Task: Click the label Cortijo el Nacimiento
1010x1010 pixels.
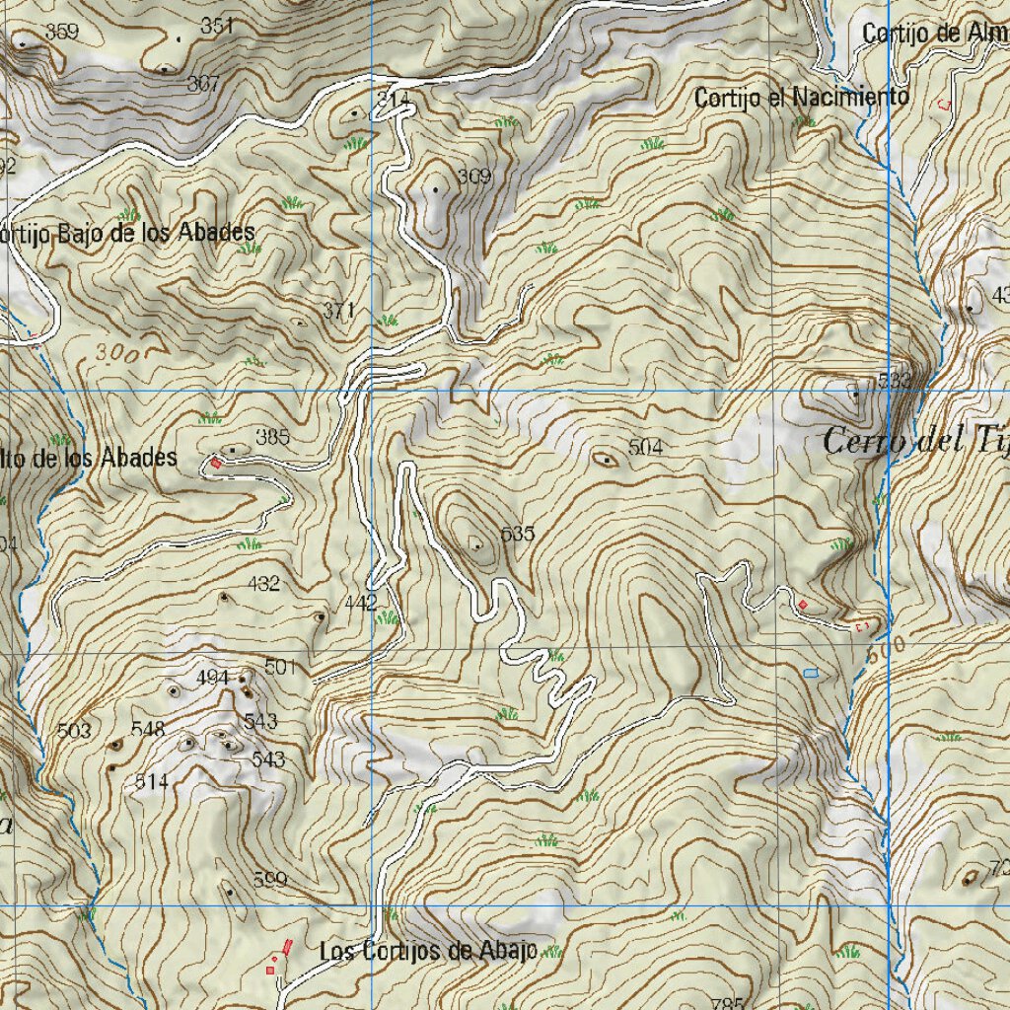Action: point(801,98)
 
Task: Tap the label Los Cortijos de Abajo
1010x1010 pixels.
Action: point(428,951)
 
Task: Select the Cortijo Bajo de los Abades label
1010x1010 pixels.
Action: point(127,233)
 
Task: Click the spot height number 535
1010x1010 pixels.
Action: point(518,534)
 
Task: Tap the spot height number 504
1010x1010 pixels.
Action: point(645,448)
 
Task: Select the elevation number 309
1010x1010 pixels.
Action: point(473,177)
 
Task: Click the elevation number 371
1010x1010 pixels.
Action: point(338,311)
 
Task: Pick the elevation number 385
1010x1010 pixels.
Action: point(272,436)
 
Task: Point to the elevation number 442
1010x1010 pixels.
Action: point(360,602)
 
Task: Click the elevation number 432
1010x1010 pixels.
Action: point(264,583)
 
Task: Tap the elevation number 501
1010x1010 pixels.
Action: point(280,668)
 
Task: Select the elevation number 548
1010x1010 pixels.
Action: point(148,729)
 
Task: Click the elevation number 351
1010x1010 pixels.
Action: point(216,27)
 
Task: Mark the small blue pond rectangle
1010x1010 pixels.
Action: point(811,673)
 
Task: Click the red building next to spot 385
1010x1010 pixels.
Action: point(216,462)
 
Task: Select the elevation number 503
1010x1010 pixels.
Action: point(74,731)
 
